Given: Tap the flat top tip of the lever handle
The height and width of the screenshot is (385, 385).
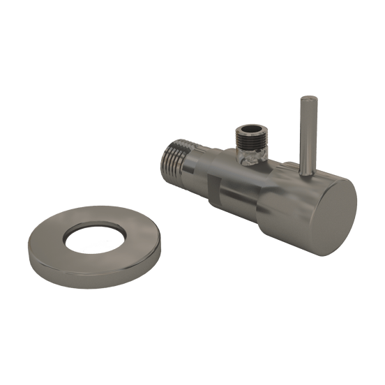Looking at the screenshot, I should point(305,101).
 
